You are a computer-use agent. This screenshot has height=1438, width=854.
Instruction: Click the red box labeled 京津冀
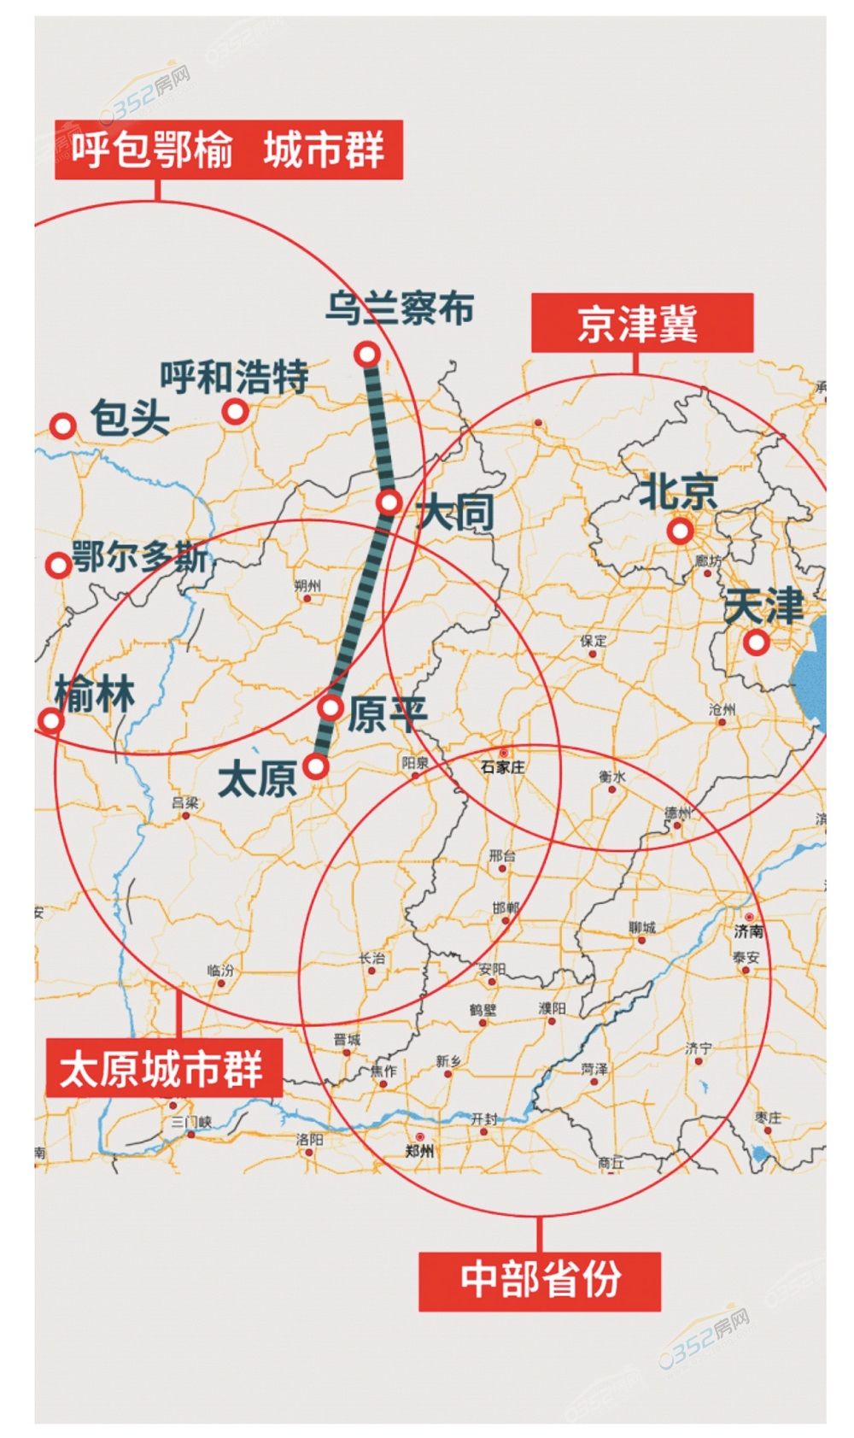point(641,323)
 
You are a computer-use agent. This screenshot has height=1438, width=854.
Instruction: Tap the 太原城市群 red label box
point(163,1068)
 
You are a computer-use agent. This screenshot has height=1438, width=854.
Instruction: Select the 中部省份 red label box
point(539,1281)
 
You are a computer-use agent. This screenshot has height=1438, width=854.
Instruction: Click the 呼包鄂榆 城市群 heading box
point(228,150)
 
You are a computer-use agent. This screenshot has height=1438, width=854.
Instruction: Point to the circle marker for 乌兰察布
point(367,353)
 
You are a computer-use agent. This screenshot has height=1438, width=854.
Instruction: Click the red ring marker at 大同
point(389,502)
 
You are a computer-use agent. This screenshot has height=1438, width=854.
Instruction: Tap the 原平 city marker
point(331,707)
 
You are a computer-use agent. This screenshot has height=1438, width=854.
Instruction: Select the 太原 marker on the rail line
point(317,766)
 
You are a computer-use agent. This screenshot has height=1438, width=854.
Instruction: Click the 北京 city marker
point(680,531)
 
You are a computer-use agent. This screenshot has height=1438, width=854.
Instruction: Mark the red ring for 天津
point(756,642)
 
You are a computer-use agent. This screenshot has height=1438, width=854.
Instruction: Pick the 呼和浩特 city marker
point(236,412)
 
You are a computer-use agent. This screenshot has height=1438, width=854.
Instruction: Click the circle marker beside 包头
point(62,426)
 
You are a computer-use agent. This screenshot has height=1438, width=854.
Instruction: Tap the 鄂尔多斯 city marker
point(58,564)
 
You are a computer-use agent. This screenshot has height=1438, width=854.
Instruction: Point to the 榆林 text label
point(95,694)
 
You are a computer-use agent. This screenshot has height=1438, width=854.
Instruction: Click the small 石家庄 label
point(502,767)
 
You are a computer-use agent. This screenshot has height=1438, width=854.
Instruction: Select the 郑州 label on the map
point(419,1151)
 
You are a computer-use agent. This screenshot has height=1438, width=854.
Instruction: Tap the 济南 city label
point(748,930)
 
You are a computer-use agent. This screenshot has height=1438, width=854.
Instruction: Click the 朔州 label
point(307,585)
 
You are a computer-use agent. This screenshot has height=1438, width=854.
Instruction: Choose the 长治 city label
point(371,959)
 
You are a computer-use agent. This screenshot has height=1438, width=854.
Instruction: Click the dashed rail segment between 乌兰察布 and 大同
point(378,427)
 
